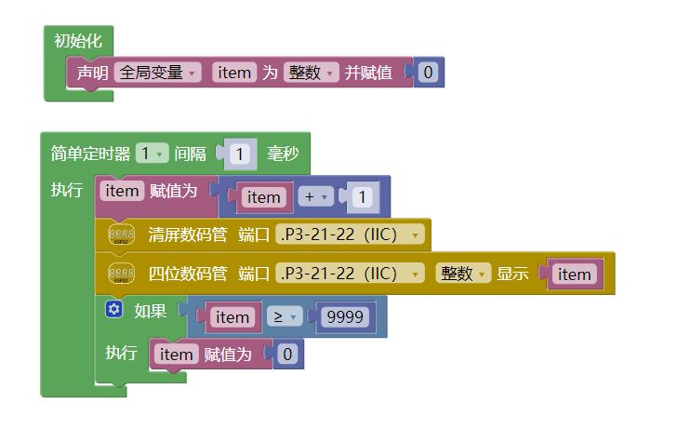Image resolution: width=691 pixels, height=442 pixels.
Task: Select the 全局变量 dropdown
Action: (x=157, y=72)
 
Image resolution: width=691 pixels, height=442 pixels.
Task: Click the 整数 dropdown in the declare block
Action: (x=311, y=72)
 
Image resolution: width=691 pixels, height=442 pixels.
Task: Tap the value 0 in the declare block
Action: (x=428, y=72)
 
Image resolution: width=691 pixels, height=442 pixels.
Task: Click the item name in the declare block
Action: (x=233, y=72)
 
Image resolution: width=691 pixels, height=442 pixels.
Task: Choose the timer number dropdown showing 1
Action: (x=152, y=154)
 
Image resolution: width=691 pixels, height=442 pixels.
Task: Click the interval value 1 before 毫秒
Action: (x=240, y=154)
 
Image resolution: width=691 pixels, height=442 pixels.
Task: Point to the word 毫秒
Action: (x=283, y=154)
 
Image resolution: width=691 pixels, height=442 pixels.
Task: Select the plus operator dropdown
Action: (x=313, y=197)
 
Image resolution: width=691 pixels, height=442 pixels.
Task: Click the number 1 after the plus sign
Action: (x=362, y=197)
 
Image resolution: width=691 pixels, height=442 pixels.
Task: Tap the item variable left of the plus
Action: (x=264, y=197)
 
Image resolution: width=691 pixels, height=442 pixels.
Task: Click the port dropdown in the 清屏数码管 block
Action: (x=350, y=234)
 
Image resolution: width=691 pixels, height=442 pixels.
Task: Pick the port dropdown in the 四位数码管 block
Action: (x=350, y=274)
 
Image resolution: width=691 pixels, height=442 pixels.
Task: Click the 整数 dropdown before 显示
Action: (x=463, y=274)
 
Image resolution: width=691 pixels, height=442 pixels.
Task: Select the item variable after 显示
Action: (x=574, y=274)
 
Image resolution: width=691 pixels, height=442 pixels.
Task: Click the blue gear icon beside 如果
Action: (x=114, y=310)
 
